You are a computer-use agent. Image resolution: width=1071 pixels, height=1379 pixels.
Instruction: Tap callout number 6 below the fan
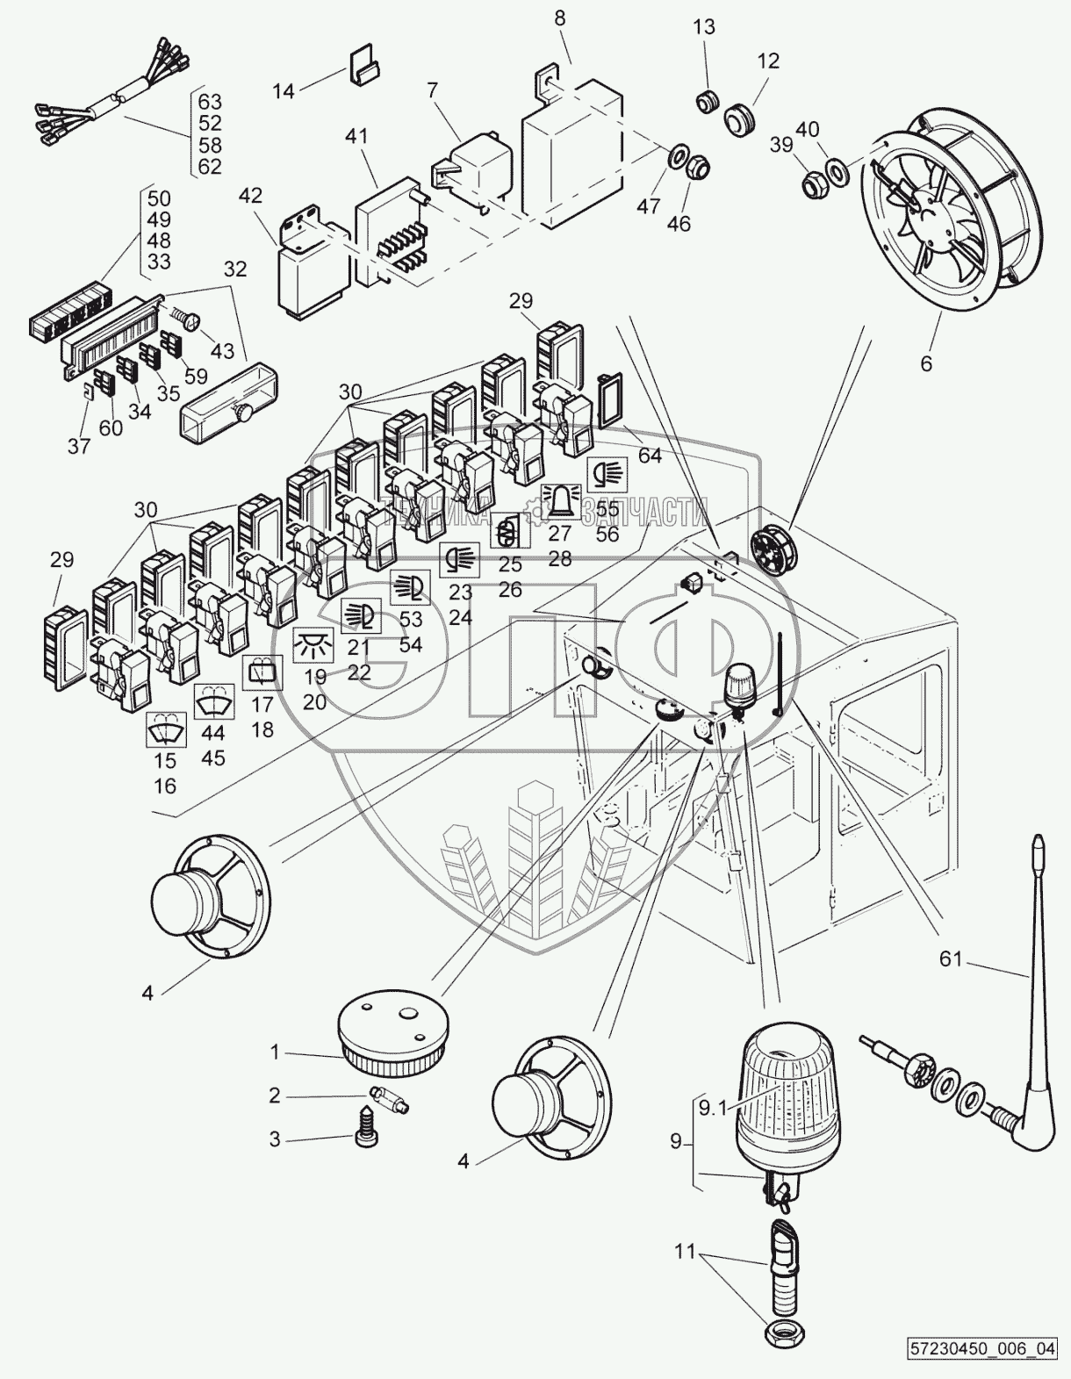(x=926, y=362)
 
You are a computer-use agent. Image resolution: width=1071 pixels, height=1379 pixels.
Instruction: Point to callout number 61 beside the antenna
(x=952, y=960)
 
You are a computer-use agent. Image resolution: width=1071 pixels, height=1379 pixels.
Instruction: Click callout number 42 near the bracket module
(x=250, y=197)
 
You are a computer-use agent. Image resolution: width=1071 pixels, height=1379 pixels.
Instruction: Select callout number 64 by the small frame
(x=650, y=456)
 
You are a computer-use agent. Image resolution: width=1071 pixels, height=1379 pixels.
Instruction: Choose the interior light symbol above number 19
(x=314, y=645)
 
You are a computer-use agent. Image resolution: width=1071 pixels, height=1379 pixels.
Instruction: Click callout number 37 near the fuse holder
(x=79, y=446)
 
